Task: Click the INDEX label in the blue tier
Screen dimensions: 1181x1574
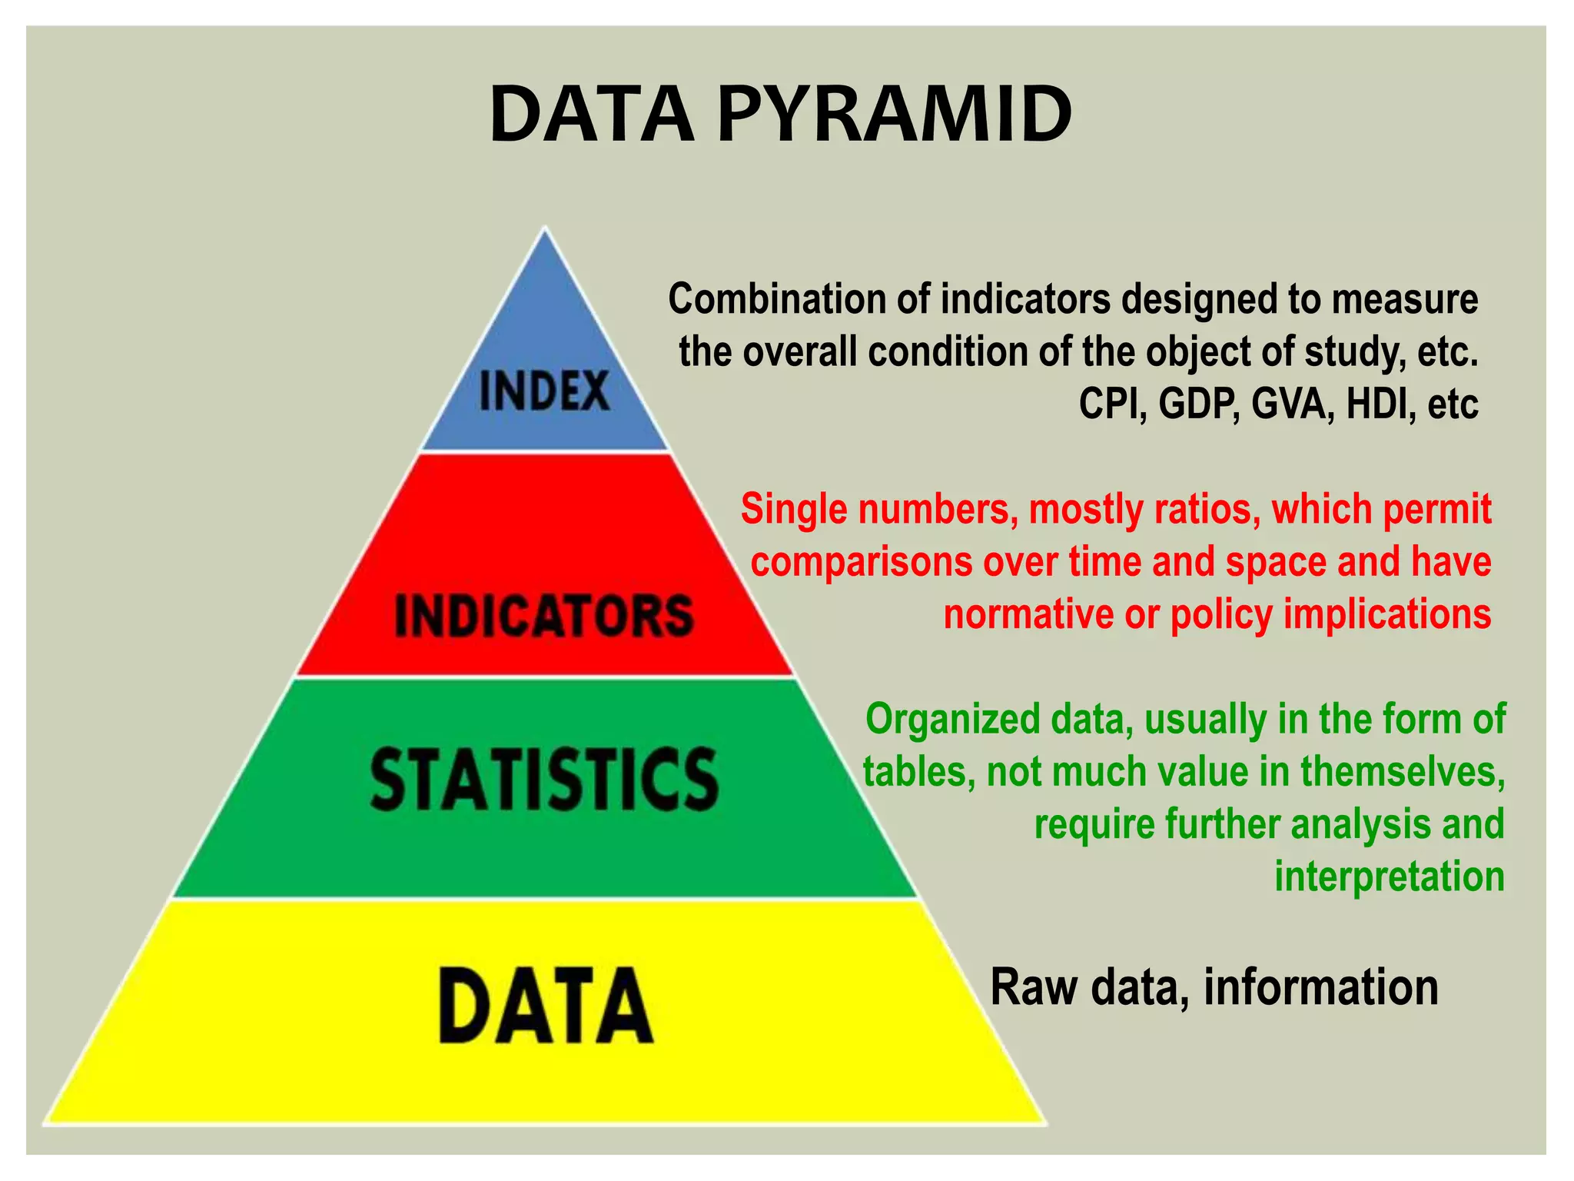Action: pos(544,391)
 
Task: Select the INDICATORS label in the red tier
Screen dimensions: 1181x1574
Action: pos(544,616)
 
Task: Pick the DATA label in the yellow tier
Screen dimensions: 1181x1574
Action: pos(546,1005)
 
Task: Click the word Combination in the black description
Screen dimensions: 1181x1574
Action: pos(775,299)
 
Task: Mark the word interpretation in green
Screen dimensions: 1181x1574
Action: pos(1389,877)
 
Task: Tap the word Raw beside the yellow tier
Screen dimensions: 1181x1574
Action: pos(1033,987)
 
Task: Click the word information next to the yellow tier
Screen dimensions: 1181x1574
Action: pos(1320,987)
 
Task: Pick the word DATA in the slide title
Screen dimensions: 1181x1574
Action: pos(592,115)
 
